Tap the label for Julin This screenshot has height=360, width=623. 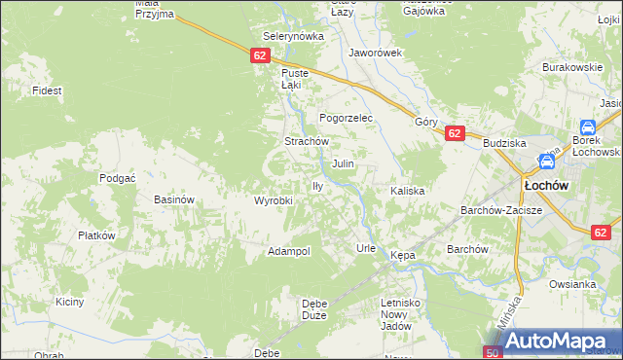(x=343, y=164)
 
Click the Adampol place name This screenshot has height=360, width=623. (x=289, y=251)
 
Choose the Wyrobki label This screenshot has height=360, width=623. (x=274, y=200)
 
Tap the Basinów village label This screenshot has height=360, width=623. (x=175, y=199)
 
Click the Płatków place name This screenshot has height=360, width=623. (x=97, y=235)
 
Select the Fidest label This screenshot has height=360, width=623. (x=47, y=90)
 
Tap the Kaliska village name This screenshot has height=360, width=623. (x=408, y=191)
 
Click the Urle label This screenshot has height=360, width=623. (x=366, y=248)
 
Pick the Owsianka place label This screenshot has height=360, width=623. (x=571, y=284)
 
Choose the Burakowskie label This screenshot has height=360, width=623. (x=569, y=67)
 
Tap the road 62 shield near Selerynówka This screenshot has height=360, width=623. (x=259, y=55)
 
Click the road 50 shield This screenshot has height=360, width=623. (x=493, y=352)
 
